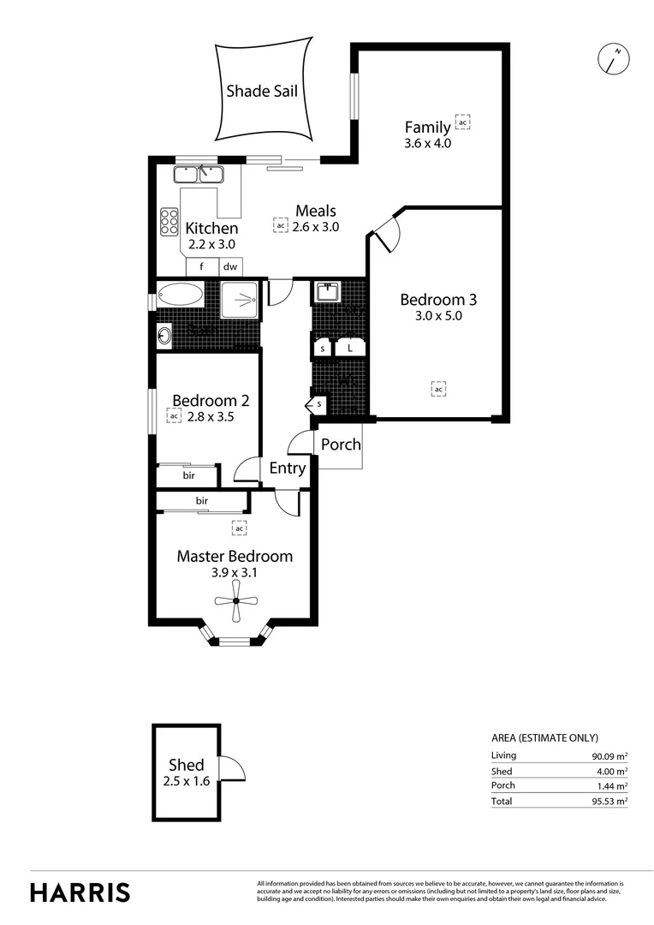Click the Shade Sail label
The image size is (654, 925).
click(262, 91)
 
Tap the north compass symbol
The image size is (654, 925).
click(614, 58)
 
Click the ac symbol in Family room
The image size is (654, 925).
click(462, 123)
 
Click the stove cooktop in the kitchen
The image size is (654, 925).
click(169, 222)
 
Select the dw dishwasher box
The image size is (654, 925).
click(230, 266)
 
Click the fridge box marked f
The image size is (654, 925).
click(202, 266)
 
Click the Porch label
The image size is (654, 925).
click(341, 445)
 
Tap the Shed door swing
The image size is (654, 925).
click(232, 768)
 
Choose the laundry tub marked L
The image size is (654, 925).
click(350, 348)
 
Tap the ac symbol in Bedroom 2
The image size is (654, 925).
click(174, 416)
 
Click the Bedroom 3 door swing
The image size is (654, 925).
click(384, 231)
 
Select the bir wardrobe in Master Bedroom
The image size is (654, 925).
click(202, 501)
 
